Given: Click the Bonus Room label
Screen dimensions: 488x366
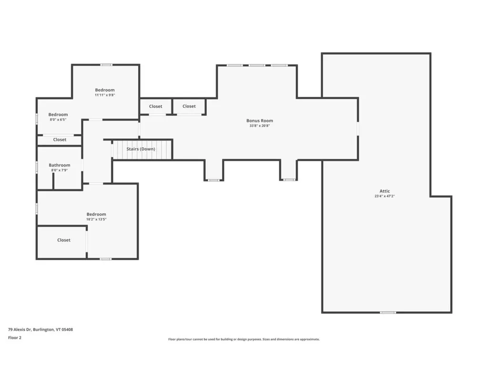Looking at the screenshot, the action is pyautogui.click(x=260, y=121).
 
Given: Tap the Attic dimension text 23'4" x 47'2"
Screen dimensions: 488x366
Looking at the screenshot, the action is pyautogui.click(x=385, y=196).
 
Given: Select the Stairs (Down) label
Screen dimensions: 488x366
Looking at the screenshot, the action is pyautogui.click(x=141, y=149).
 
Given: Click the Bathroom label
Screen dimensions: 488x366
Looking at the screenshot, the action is pyautogui.click(x=60, y=165).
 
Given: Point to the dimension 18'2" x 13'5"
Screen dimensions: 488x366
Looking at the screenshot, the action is pyautogui.click(x=96, y=219).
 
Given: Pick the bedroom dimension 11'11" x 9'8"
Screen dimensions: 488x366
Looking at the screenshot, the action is pyautogui.click(x=105, y=95).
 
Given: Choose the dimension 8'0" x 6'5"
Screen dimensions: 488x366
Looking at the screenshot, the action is pyautogui.click(x=58, y=120).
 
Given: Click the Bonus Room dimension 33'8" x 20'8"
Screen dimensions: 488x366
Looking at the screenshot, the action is pyautogui.click(x=260, y=126).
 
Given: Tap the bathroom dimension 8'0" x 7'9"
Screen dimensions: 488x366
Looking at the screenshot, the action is pyautogui.click(x=60, y=170).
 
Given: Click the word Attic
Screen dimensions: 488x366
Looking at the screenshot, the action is pyautogui.click(x=385, y=191).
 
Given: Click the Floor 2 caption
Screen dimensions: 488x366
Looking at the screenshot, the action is pyautogui.click(x=15, y=337).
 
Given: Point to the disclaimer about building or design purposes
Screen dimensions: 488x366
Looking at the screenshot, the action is pyautogui.click(x=244, y=339).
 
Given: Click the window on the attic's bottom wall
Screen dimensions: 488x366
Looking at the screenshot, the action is pyautogui.click(x=388, y=312).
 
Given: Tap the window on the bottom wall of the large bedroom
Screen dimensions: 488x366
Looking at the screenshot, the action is pyautogui.click(x=105, y=259).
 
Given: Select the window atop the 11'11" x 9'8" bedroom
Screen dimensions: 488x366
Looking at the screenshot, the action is pyautogui.click(x=106, y=65).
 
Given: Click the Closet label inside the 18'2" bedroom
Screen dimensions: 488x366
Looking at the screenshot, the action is pyautogui.click(x=64, y=240).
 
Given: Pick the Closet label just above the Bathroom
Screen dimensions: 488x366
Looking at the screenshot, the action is pyautogui.click(x=60, y=140).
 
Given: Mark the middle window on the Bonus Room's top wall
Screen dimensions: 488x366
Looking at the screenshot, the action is pyautogui.click(x=257, y=65).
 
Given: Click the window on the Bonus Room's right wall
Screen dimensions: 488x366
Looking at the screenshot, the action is pyautogui.click(x=358, y=128).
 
